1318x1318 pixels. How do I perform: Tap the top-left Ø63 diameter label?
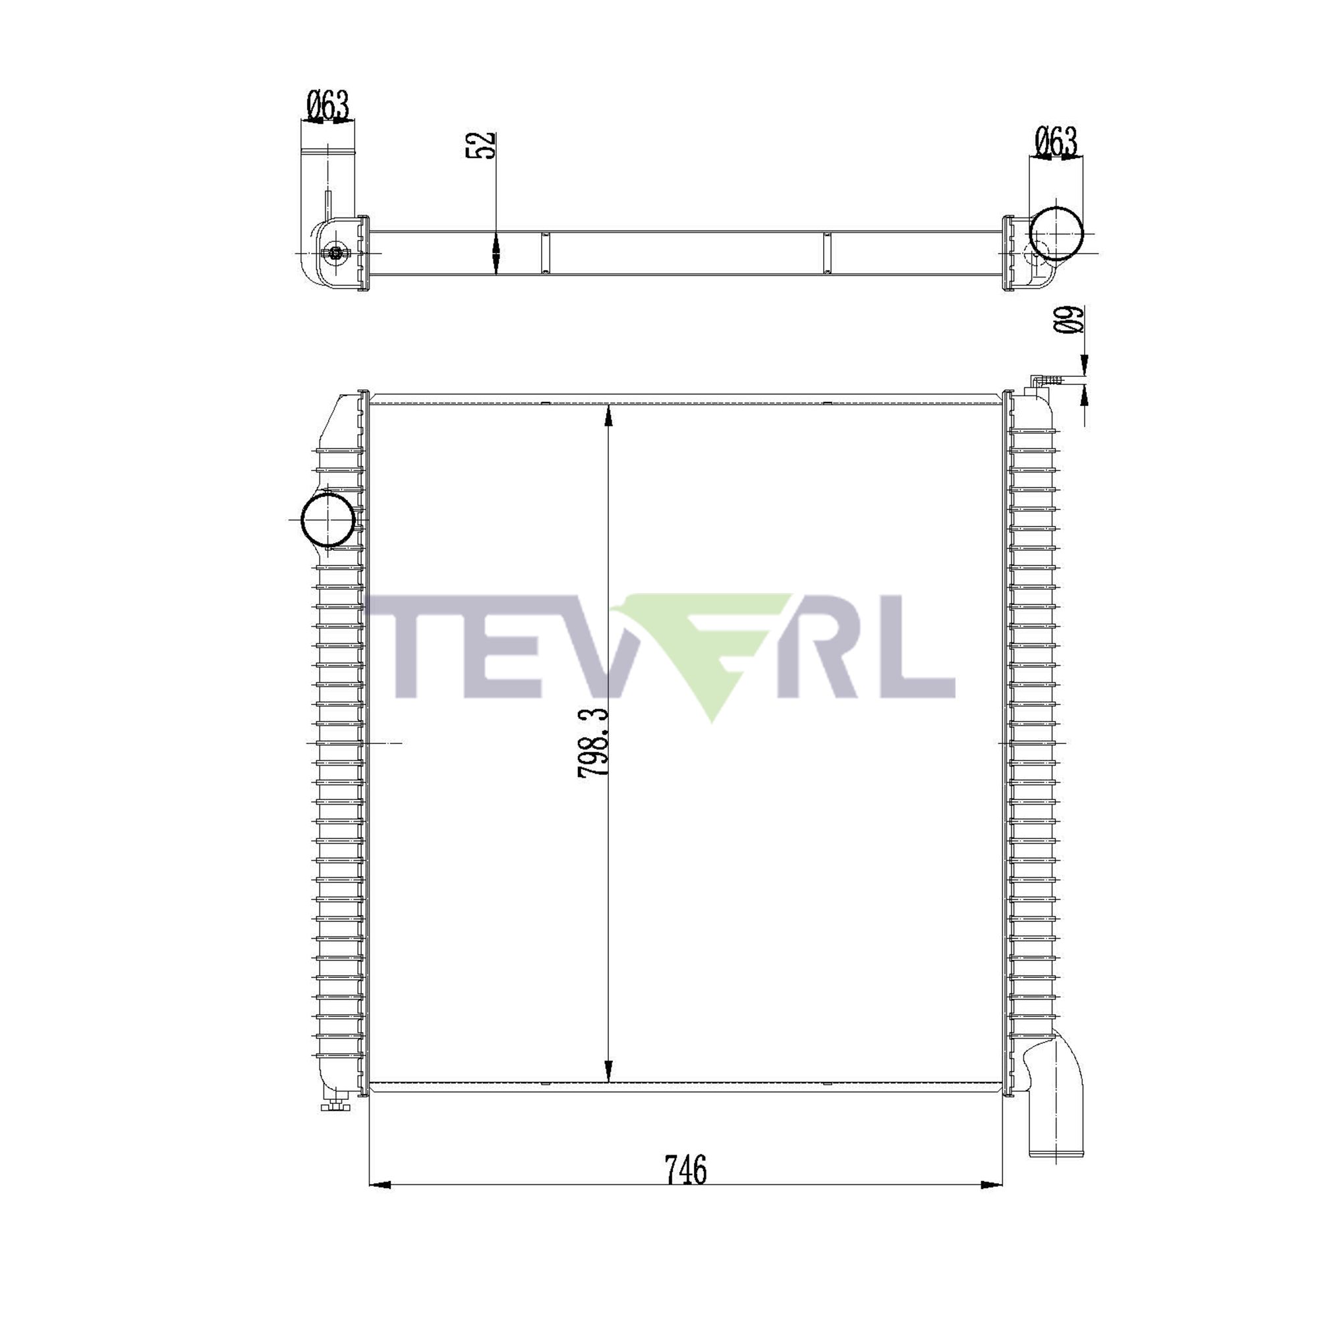328,105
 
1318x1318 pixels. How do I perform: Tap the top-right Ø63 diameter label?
1056,142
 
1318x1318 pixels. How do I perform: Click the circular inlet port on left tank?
328,519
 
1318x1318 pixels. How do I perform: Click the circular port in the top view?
1055,233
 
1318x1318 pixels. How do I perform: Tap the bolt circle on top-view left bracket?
335,253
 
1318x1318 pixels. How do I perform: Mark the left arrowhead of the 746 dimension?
380,1185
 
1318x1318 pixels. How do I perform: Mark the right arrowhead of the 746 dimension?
992,1185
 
